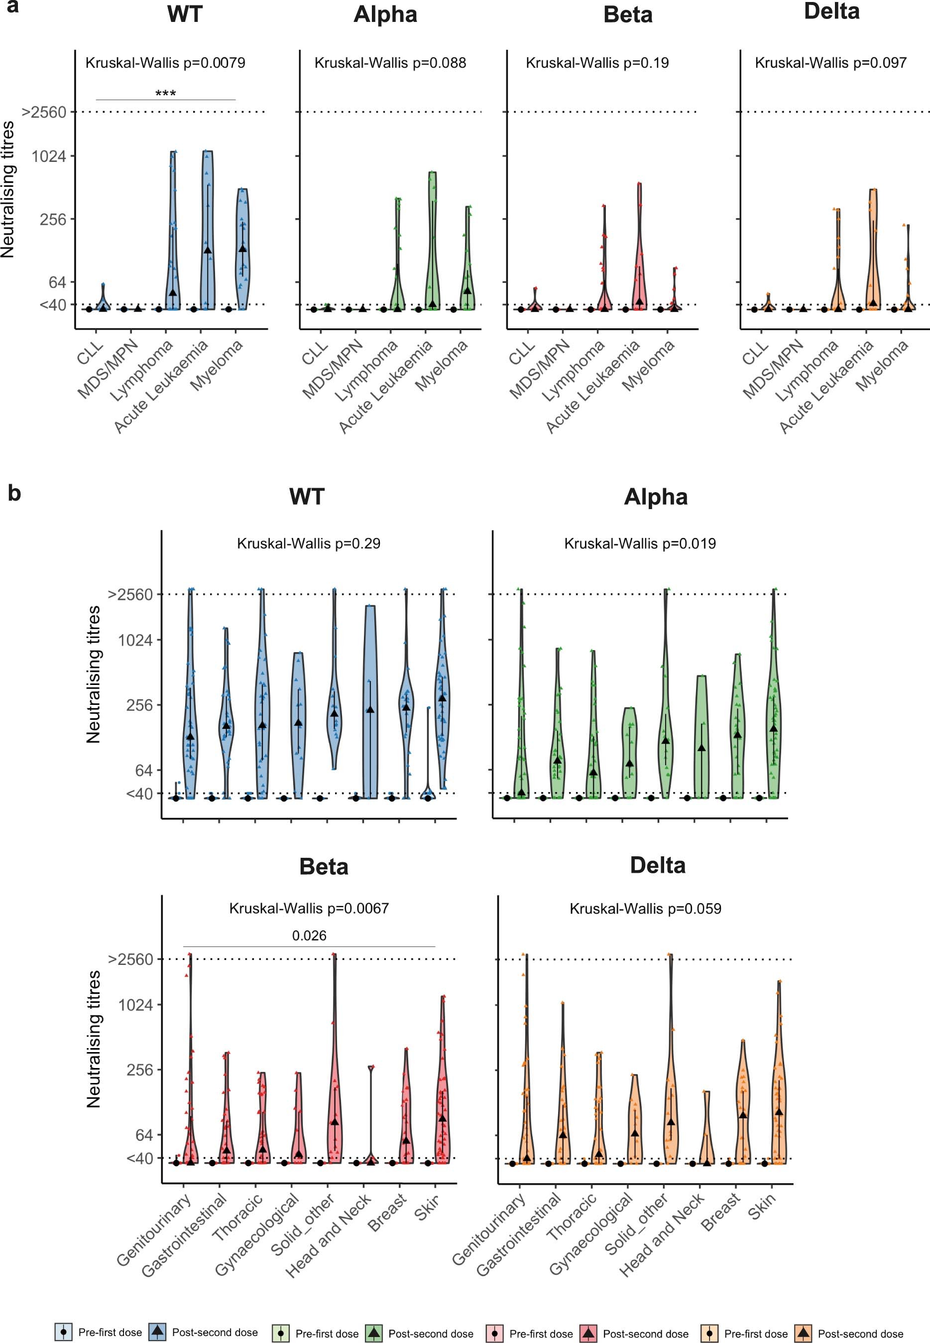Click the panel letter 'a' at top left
[11, 7]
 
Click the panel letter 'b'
[14, 493]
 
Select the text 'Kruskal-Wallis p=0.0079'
[165, 63]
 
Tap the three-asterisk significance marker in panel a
[165, 93]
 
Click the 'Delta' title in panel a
[831, 11]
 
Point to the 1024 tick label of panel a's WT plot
[49, 156]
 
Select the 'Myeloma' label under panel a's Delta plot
[882, 366]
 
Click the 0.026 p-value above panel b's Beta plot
[309, 936]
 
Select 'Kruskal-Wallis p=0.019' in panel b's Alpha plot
[640, 544]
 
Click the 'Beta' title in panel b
[324, 867]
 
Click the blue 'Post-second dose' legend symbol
[157, 1332]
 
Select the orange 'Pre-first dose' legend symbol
[709, 1333]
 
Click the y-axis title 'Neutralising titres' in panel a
[7, 189]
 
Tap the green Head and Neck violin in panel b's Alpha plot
[701, 740]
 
